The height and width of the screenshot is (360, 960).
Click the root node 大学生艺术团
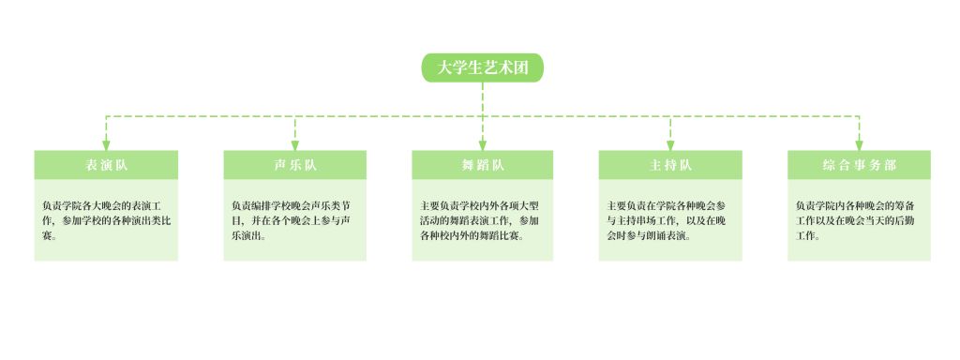[x=483, y=67]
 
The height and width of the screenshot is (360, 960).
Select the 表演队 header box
[x=106, y=165]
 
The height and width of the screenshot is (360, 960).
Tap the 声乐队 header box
[x=294, y=165]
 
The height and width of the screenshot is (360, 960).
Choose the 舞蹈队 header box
[x=483, y=165]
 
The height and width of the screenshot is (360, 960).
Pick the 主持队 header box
[x=670, y=165]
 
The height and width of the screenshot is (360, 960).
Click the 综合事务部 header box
[x=859, y=165]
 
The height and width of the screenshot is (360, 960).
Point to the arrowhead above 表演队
[x=106, y=145]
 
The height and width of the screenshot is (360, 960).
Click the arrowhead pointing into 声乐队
[x=295, y=145]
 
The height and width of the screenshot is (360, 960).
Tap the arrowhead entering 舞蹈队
[x=483, y=145]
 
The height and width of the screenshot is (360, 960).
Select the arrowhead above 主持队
[x=670, y=145]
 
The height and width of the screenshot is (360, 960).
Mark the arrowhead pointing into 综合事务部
[x=859, y=145]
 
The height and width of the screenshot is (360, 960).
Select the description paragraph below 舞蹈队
[x=480, y=220]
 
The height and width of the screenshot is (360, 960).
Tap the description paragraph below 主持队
[x=667, y=220]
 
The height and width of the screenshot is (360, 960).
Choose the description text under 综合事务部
[x=856, y=220]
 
